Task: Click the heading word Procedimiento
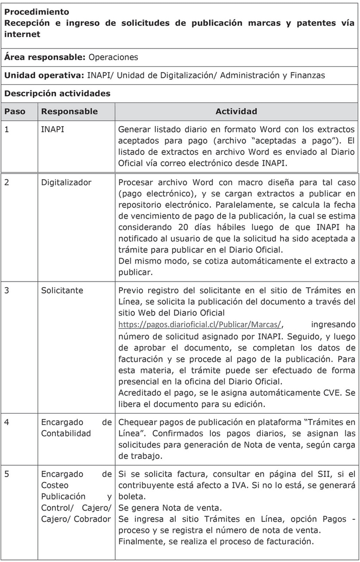(x=37, y=11)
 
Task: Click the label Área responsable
(x=45, y=57)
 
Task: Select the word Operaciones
(x=113, y=57)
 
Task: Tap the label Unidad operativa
(x=44, y=75)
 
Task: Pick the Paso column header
(x=14, y=111)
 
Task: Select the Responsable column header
(x=69, y=111)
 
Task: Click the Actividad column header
(x=236, y=111)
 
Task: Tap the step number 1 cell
(x=7, y=129)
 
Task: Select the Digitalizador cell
(x=66, y=182)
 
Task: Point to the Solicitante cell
(x=62, y=290)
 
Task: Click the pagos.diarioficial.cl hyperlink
(x=200, y=324)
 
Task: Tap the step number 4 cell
(x=7, y=423)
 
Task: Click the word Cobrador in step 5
(x=93, y=519)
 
